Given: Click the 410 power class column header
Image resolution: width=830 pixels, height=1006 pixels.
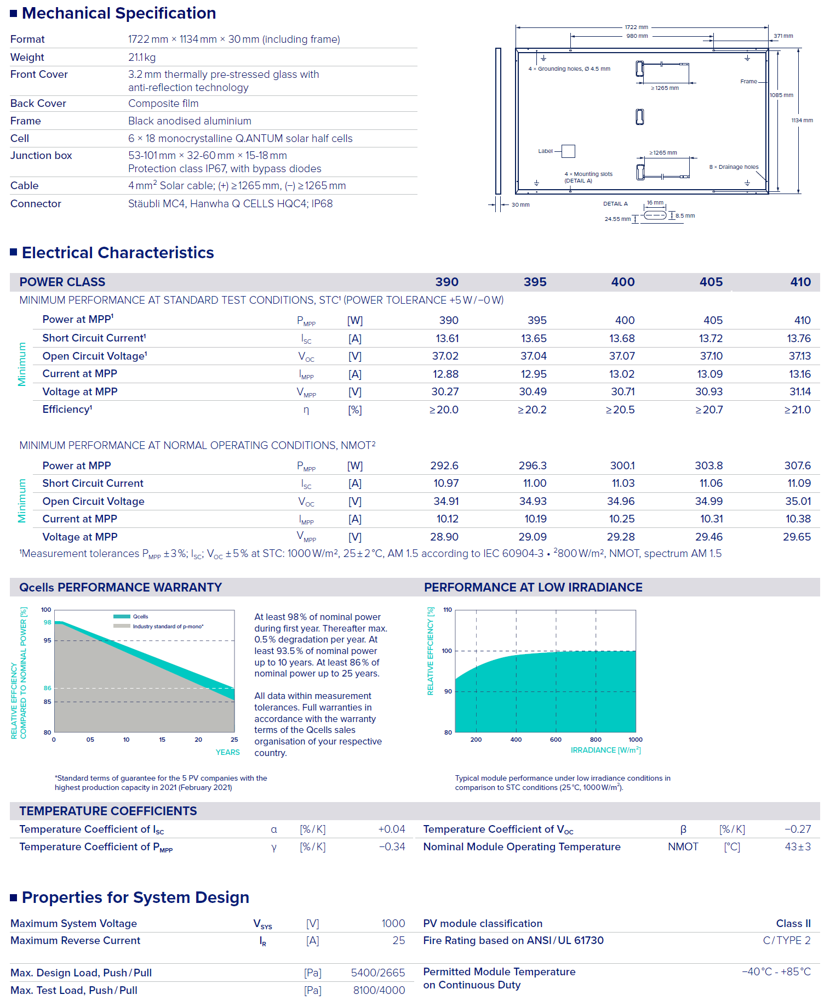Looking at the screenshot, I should [800, 282].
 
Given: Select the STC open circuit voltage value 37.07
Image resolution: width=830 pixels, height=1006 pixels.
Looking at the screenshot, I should [622, 356].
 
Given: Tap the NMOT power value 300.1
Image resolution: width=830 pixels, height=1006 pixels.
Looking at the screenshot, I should [622, 466].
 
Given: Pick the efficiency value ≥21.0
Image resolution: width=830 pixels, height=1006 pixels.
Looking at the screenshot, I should [797, 410].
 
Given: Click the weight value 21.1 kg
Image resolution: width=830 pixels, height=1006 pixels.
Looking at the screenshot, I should [142, 58].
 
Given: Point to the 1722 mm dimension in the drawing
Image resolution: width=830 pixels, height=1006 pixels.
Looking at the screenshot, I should [636, 27].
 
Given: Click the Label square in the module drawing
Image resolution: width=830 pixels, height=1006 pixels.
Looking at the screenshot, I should [568, 151].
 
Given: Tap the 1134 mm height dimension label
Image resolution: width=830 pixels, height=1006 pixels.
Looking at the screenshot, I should [802, 121].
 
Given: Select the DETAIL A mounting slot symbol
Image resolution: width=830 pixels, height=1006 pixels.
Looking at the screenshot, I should [655, 215].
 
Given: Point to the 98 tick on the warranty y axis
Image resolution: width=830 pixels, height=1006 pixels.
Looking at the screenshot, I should [48, 623].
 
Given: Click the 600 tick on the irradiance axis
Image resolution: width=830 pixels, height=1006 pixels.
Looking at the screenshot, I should [556, 740].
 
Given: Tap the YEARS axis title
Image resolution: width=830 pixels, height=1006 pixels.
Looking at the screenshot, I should [227, 752].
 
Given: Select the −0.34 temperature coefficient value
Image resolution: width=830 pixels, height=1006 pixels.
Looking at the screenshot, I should [392, 847].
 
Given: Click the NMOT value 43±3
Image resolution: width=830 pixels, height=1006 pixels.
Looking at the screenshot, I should [797, 847].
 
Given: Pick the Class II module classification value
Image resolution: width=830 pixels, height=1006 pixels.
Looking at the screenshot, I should [793, 924].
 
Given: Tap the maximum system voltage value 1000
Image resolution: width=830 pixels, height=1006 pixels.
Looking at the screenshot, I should [393, 924].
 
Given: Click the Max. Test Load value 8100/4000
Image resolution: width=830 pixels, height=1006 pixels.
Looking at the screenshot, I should [379, 991].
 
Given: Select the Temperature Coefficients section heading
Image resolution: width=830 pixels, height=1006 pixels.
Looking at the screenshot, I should [108, 811].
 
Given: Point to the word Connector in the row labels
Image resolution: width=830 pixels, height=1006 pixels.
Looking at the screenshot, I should [36, 204].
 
